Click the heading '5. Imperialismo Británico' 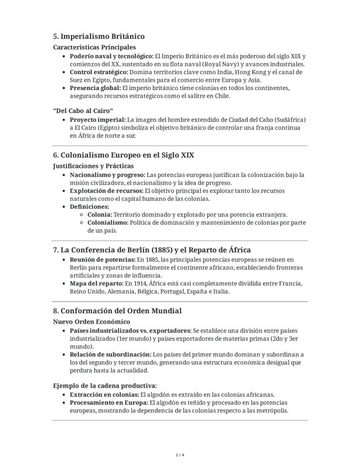pos(99,36)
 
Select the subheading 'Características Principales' pos(94,47)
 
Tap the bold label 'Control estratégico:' pos(99,72)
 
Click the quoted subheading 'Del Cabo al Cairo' pos(83,111)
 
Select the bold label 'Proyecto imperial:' pos(98,120)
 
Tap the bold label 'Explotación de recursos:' pos(107,191)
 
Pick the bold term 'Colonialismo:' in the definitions pos(108,223)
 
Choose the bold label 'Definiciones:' pos(90,207)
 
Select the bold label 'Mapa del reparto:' pos(97,284)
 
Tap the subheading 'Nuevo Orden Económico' pos(91,322)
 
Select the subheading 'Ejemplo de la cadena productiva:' pos(105,386)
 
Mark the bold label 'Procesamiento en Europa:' pos(107,403)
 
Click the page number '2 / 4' pos(180,455)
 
